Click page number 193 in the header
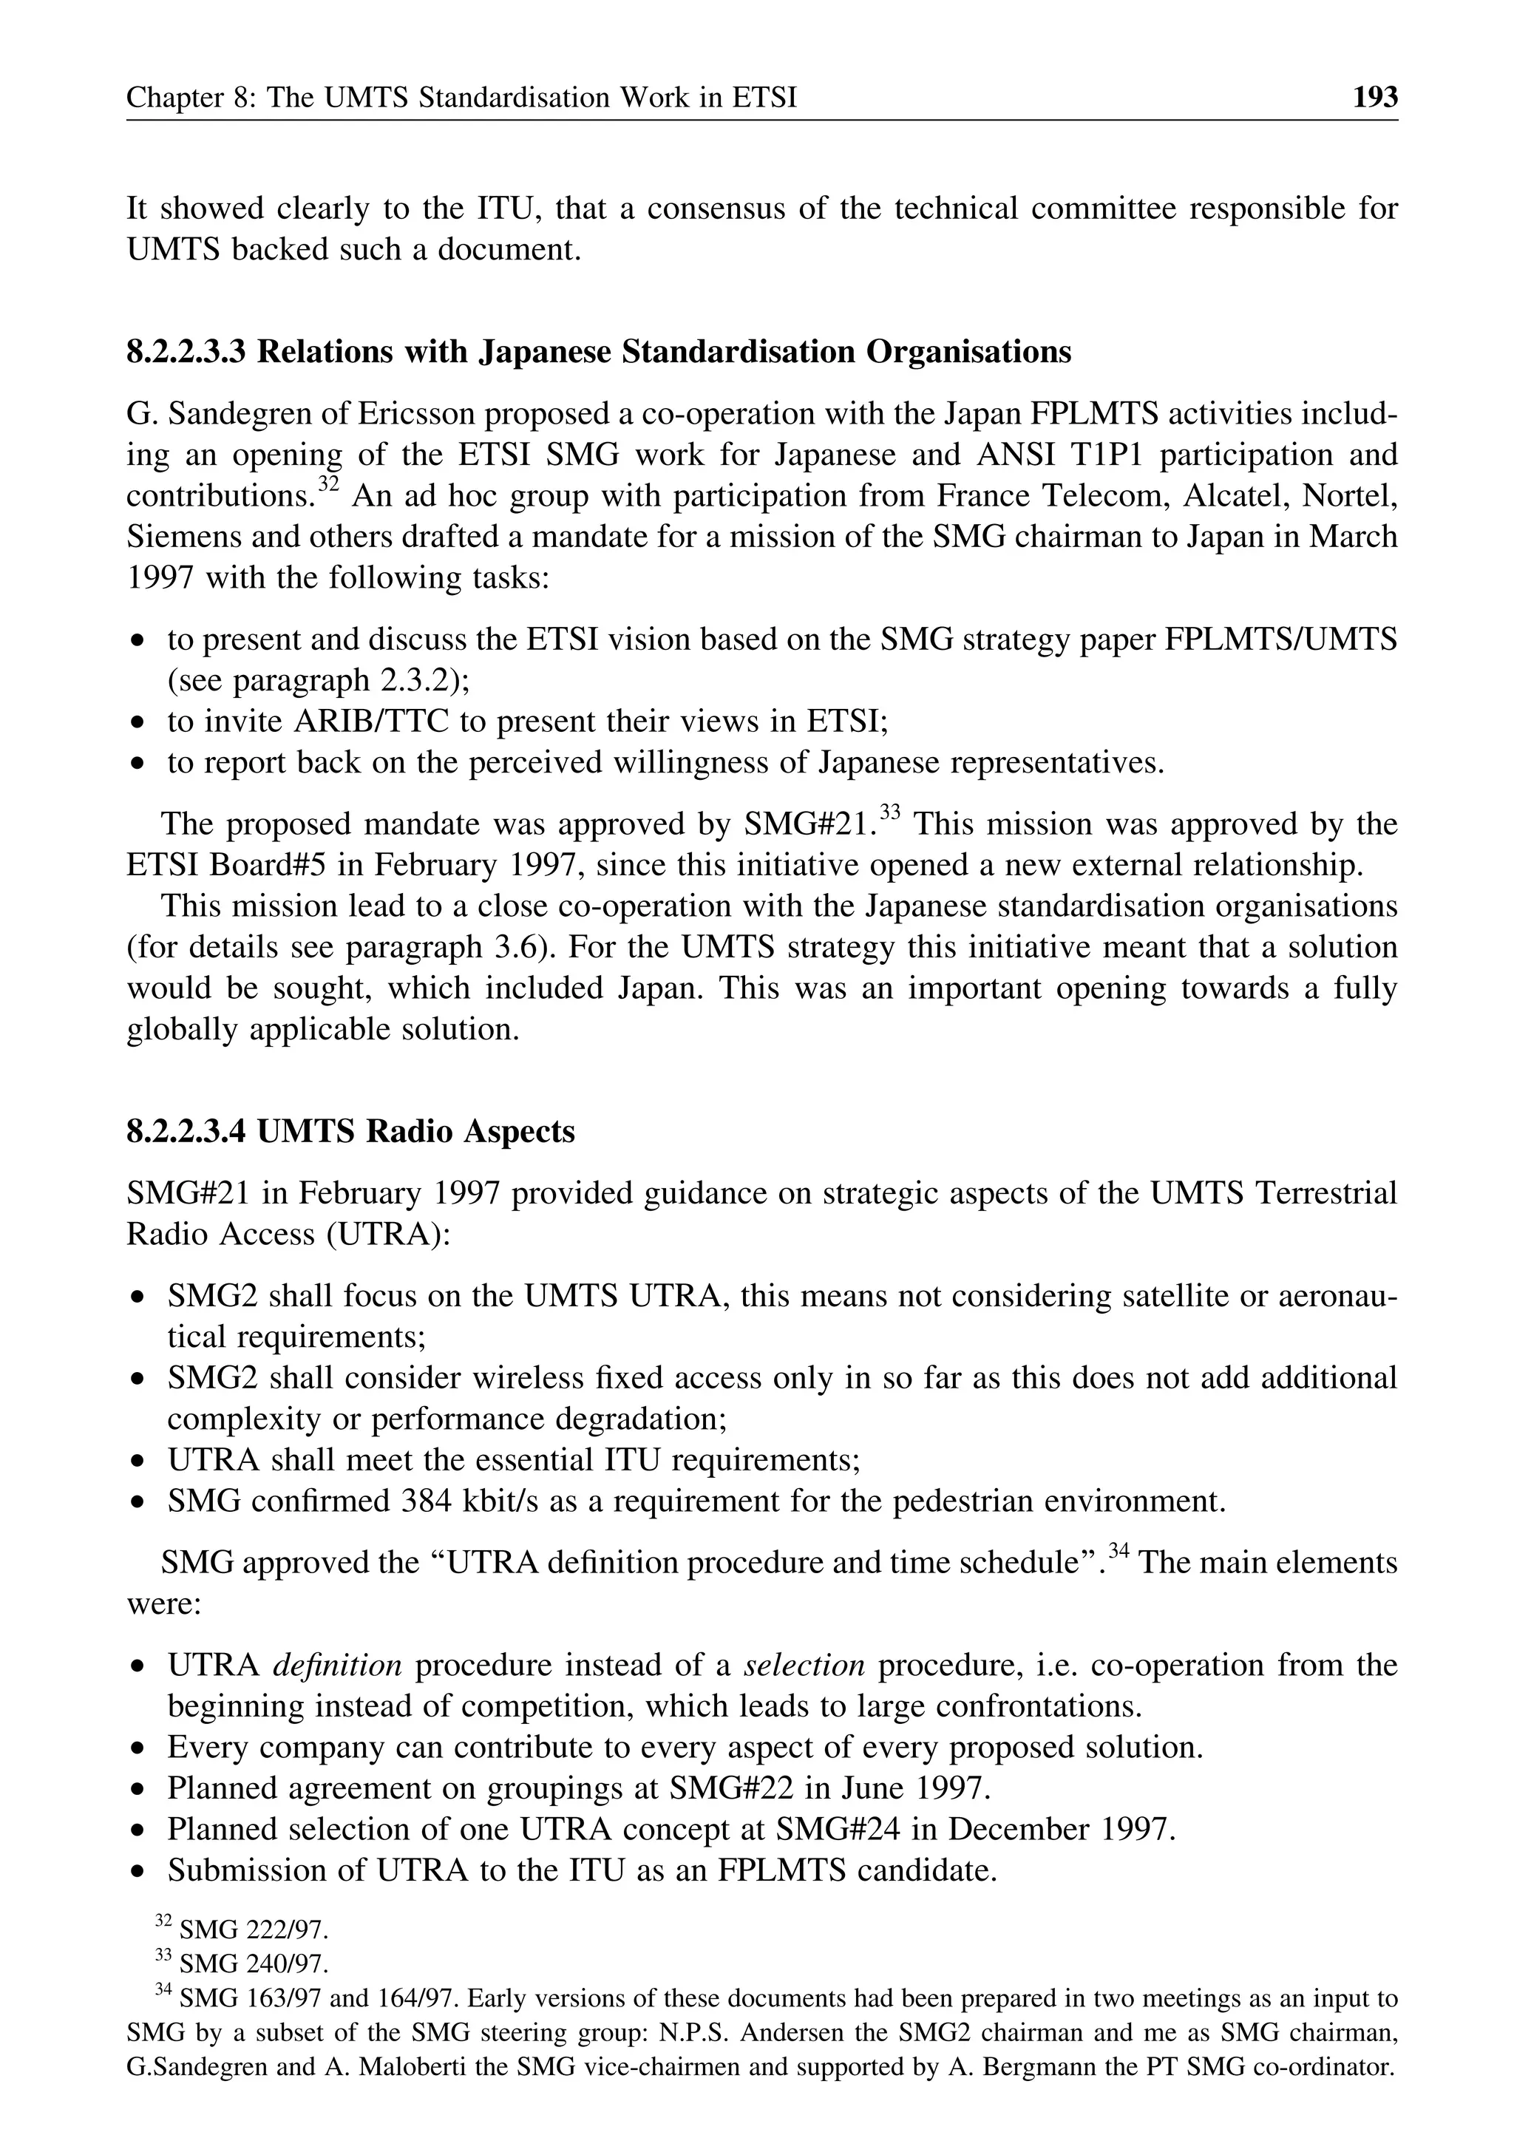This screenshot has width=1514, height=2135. point(1375,97)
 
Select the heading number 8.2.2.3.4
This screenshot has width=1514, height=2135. point(186,1131)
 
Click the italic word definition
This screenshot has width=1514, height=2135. point(336,1664)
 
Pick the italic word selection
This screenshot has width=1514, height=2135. point(804,1664)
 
